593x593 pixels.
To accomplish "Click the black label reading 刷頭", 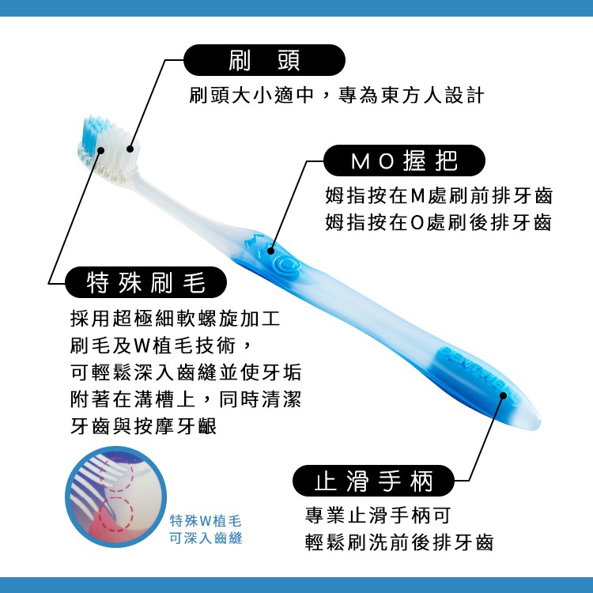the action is point(264,60).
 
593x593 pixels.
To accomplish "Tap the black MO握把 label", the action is point(404,161).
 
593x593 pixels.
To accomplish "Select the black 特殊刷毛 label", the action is point(146,282).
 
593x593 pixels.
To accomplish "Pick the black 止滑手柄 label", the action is point(373,481).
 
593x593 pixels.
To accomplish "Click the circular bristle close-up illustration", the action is point(115,497).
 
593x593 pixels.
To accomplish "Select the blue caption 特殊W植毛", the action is point(206,521).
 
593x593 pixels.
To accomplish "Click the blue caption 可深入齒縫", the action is point(206,538).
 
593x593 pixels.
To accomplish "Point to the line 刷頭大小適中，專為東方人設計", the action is point(337,95).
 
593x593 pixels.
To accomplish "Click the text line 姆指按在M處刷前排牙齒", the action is point(439,195).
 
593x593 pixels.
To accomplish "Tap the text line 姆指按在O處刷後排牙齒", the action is point(439,222).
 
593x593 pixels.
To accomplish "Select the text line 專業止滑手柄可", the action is point(378,515).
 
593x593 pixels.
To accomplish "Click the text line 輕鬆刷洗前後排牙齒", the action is point(399,542).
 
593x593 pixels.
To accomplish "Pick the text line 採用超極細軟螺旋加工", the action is point(175,319).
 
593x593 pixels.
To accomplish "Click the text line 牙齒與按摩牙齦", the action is point(143,427).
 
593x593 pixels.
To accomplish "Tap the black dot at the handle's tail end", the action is point(504,395).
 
